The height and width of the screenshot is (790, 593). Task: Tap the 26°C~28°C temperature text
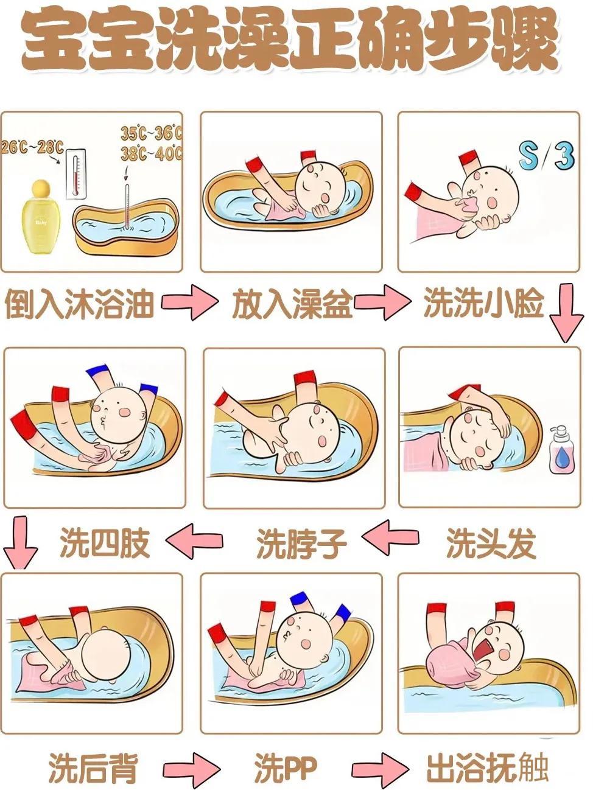[x=33, y=147]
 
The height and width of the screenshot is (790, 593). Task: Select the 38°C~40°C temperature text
[x=152, y=153]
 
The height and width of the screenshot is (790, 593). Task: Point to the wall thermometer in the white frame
[x=77, y=175]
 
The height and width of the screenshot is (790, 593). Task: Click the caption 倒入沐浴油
[x=79, y=304]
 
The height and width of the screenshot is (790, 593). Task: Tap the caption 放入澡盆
[x=292, y=304]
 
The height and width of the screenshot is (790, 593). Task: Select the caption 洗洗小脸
[x=484, y=303]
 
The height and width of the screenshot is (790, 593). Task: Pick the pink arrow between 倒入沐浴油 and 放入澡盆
[x=190, y=302]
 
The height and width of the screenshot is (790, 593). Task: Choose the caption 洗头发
[x=491, y=543]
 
